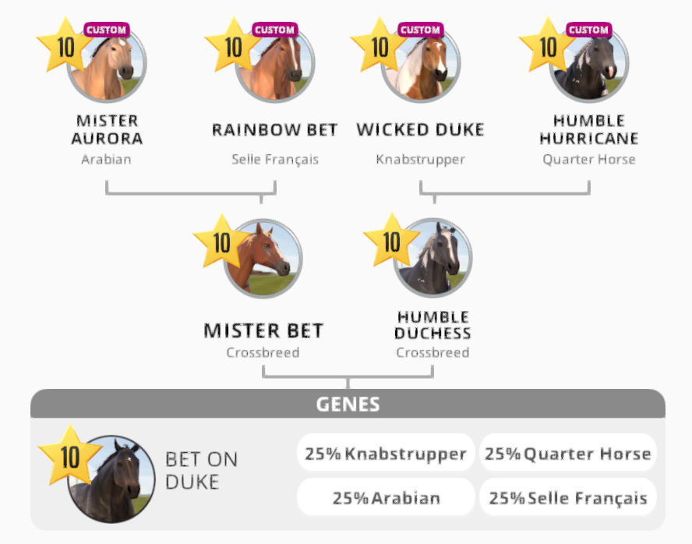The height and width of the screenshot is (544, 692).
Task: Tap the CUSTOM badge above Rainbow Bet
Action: pos(275,30)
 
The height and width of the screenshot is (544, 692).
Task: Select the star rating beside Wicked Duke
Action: pos(380,47)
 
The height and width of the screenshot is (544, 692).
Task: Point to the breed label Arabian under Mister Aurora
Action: pos(106,159)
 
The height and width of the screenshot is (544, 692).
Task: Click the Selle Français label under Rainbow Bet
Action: pos(275,159)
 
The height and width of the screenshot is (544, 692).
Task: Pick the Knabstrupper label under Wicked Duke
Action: pos(420,159)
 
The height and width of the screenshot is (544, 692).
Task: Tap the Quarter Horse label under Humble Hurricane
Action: pos(589,159)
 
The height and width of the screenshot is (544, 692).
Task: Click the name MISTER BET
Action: pos(263,330)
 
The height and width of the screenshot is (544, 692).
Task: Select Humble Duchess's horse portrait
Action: pos(433,259)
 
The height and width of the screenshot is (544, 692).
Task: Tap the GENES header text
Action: pos(348,404)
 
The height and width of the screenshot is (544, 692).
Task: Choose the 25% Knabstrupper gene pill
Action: pos(386,454)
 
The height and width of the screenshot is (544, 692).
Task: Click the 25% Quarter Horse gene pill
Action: pos(567,454)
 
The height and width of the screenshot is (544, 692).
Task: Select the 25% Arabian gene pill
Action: pos(386,498)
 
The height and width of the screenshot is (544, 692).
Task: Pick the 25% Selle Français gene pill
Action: pos(567,498)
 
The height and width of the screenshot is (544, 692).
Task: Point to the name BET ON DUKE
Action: pos(201,471)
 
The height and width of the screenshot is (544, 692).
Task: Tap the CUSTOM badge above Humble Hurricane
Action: pos(588,30)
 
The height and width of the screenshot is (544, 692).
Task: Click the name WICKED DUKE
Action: pos(420,129)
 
